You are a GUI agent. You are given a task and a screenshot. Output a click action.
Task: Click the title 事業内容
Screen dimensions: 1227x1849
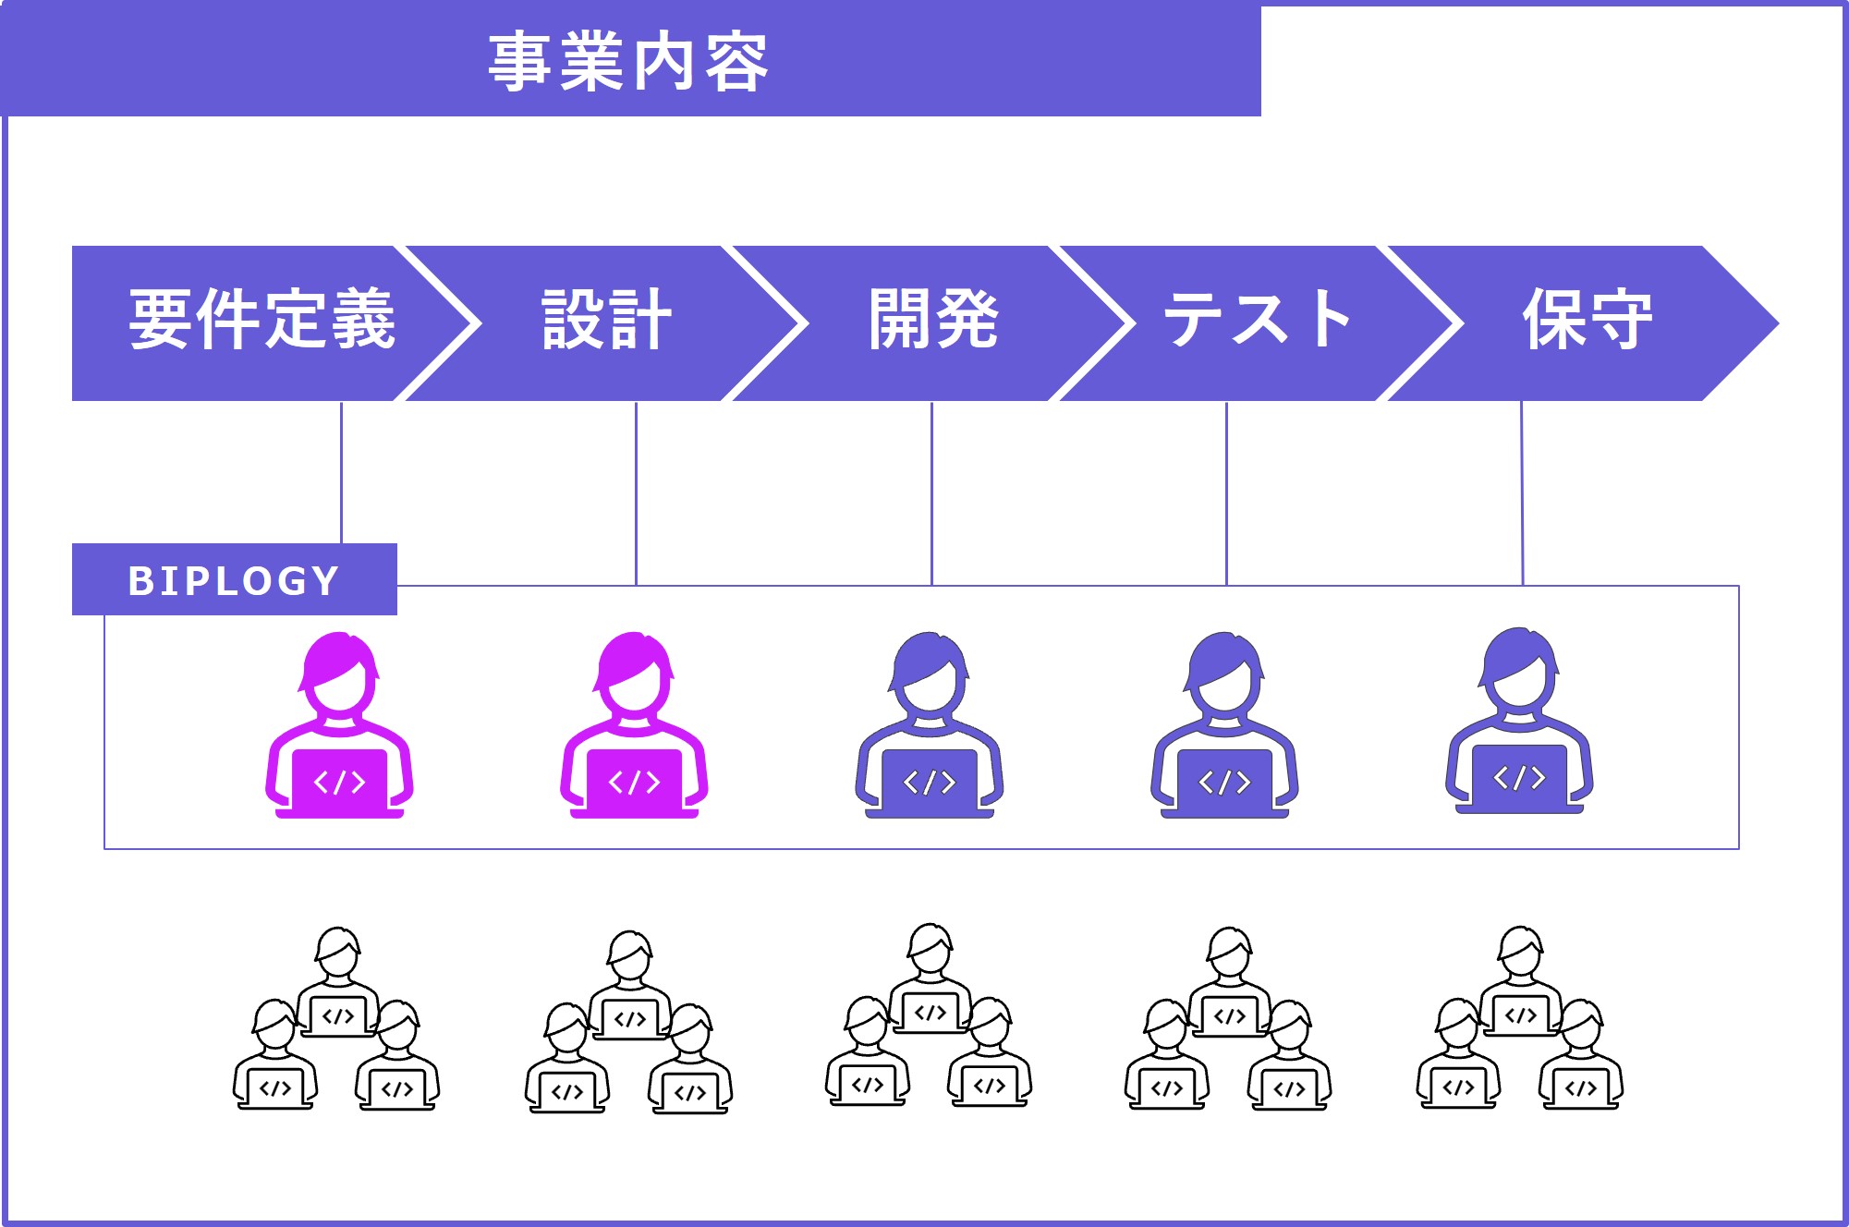628,62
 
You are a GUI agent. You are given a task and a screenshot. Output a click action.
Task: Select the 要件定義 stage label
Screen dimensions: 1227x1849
262,320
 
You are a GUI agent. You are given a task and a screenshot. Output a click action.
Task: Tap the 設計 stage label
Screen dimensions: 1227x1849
606,320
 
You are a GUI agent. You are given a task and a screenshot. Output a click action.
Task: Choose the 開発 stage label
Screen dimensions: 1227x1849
933,320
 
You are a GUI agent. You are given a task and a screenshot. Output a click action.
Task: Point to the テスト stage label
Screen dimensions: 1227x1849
1257,320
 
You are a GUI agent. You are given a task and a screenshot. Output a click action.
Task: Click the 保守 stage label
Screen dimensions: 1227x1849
1587,320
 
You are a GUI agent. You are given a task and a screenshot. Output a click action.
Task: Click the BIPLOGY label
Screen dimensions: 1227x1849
234,580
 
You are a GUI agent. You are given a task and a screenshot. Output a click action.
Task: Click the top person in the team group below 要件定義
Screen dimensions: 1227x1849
338,979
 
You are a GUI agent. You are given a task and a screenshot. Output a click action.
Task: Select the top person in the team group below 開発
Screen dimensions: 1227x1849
931,976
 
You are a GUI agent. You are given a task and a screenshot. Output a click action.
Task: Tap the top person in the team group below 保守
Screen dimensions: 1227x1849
1521,979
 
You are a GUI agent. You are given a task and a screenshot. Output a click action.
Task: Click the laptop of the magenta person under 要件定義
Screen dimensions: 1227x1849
339,782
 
